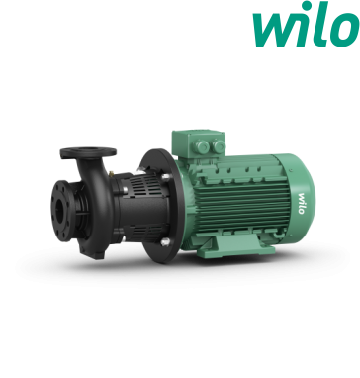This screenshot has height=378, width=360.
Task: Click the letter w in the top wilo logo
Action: [x=276, y=30]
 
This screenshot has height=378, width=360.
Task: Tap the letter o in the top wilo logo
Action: [x=343, y=30]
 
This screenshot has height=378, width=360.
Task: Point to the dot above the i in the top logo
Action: [x=308, y=5]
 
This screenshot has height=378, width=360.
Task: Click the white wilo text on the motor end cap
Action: [x=302, y=203]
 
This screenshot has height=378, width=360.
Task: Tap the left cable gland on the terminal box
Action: [x=202, y=146]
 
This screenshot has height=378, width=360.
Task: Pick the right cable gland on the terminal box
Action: [x=219, y=146]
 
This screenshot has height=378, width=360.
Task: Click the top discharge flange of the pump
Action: [x=88, y=152]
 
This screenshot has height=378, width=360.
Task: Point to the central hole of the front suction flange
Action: [x=59, y=211]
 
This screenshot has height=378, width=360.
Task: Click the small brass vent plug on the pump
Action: [x=112, y=173]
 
